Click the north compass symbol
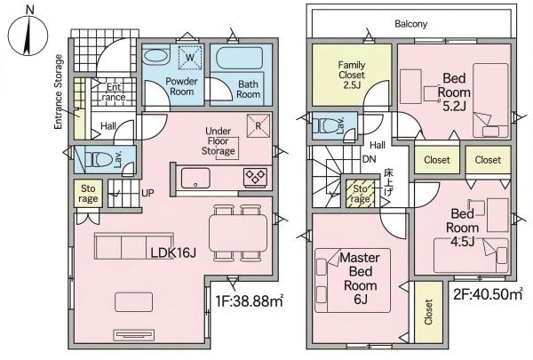pos(28,35)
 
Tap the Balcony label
pos(410,24)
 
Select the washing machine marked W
pos(190,57)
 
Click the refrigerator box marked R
pos(259,125)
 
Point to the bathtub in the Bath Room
pos(239,58)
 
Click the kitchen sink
pos(195,178)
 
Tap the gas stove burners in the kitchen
pos(255,177)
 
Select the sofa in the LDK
pos(133,246)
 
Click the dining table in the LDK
pos(237,233)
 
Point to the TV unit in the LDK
pos(133,334)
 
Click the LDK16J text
pos(173,252)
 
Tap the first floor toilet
pos(98,159)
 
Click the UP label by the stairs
pos(147,193)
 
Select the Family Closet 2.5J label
pos(352,75)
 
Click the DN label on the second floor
pos(369,159)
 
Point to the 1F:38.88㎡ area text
pos(250,301)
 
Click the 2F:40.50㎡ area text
pos(488,294)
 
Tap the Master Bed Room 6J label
pos(360,278)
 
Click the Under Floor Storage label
pos(218,140)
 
